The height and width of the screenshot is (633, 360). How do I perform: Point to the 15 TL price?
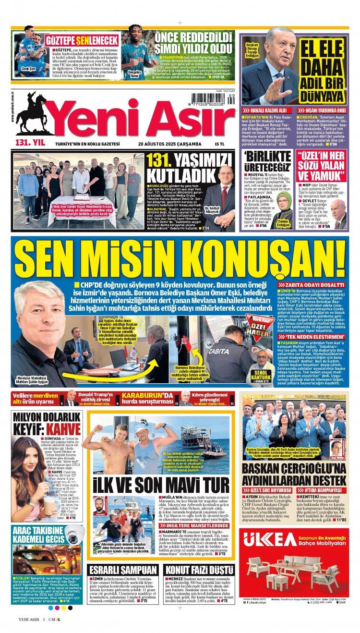click(x=220, y=144)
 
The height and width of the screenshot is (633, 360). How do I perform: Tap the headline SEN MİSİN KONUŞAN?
click(x=180, y=258)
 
